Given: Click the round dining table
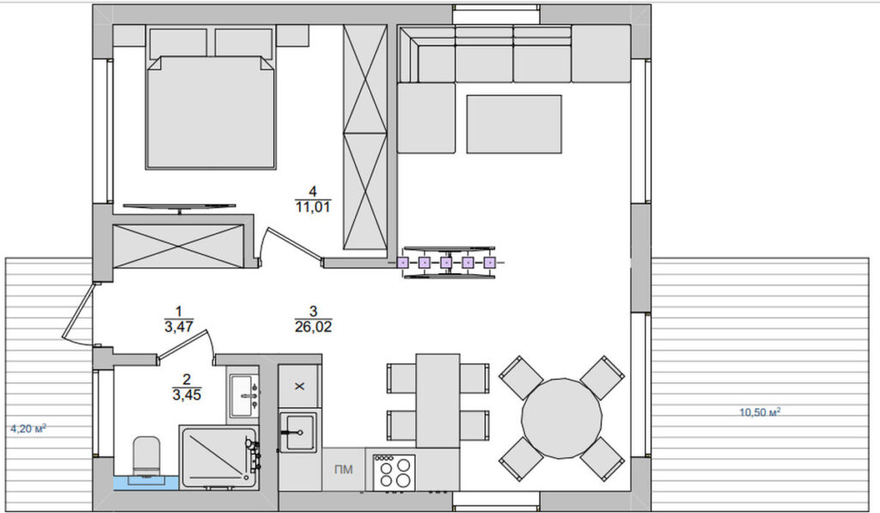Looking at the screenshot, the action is click(562, 418).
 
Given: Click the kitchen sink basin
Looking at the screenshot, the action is click(299, 431).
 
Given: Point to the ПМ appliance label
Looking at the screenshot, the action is click(344, 469).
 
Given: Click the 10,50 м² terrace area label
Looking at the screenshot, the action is click(760, 412).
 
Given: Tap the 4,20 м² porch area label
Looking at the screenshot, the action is click(28, 430).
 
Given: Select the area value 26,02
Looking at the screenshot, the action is click(313, 326).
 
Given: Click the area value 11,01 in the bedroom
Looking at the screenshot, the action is click(313, 206).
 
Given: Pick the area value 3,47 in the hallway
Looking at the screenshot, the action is click(179, 326).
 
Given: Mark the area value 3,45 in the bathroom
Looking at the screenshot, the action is click(186, 394).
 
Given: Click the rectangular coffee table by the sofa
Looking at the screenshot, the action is click(514, 124).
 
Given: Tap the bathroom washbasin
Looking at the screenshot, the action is click(243, 395).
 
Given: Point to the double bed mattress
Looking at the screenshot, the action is click(211, 113).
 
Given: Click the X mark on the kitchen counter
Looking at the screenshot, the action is click(300, 386).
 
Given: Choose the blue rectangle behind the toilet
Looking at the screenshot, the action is click(146, 483).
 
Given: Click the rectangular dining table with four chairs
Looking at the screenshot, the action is click(437, 400).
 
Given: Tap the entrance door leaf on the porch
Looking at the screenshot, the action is click(76, 313).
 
